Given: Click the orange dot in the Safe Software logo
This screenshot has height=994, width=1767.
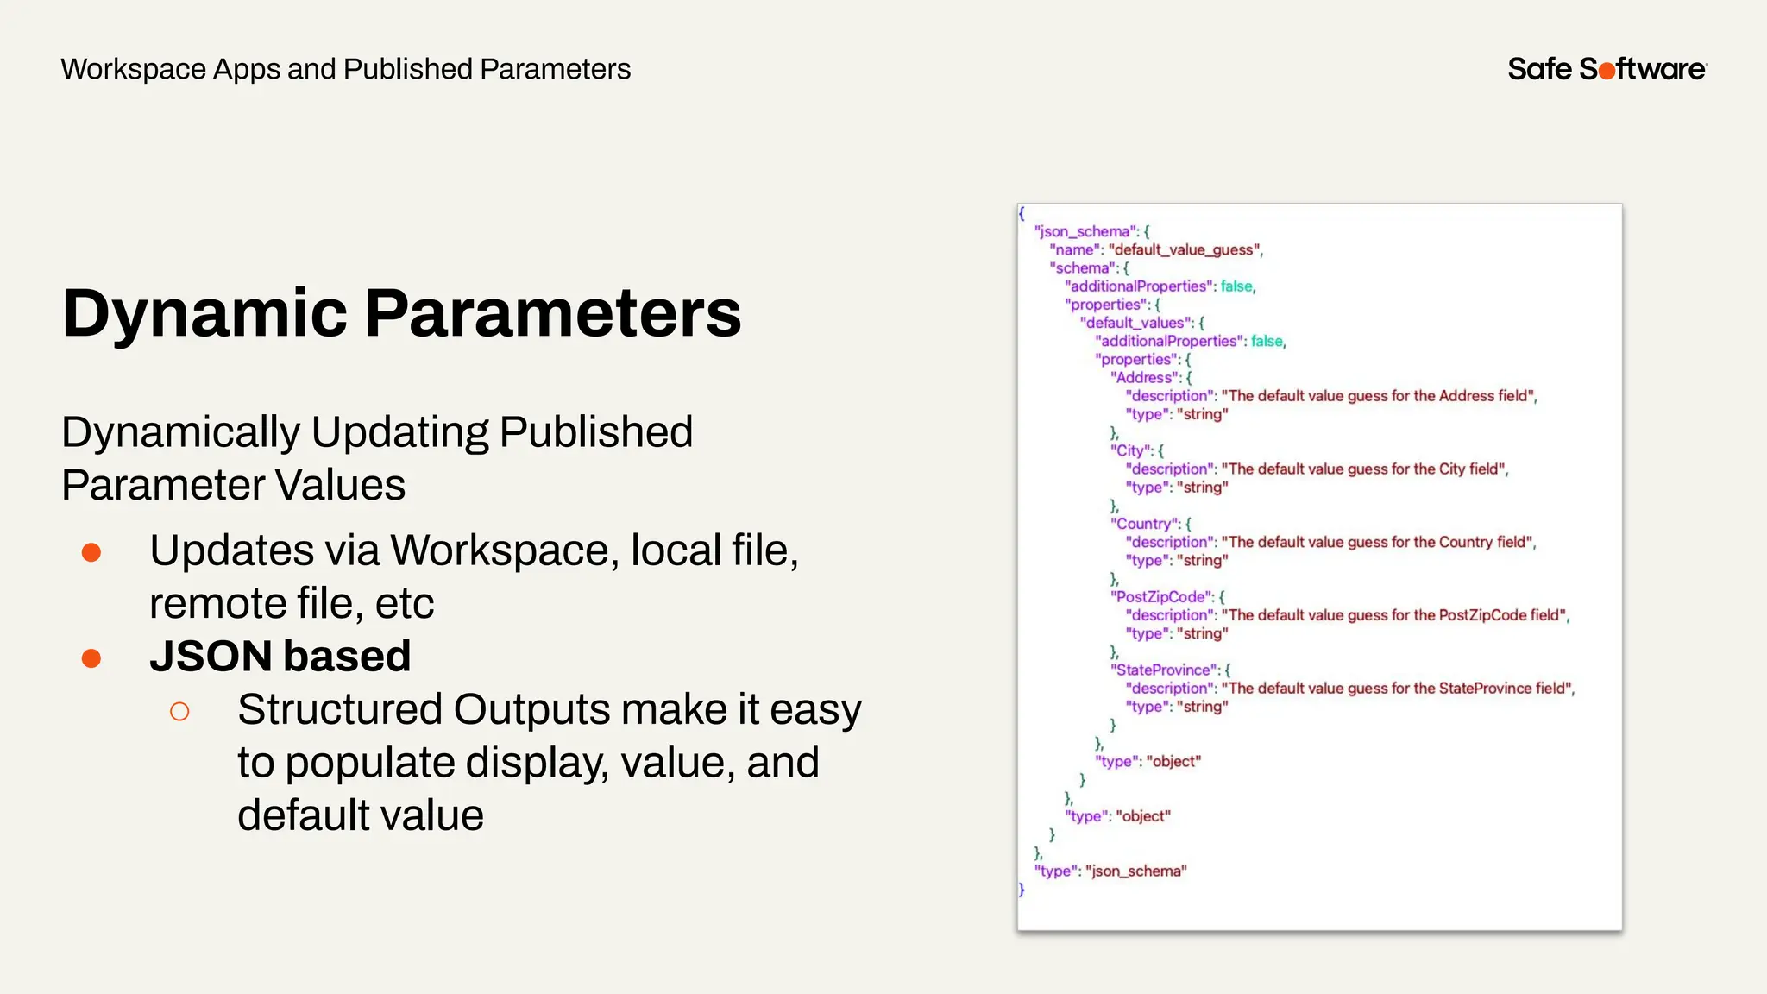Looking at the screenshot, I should click(x=1607, y=72).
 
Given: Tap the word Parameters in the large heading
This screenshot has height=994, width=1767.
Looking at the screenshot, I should click(x=552, y=313).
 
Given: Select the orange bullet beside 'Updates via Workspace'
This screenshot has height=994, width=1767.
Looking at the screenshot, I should click(x=91, y=552).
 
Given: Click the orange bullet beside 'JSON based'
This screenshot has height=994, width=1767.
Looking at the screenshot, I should click(x=91, y=658).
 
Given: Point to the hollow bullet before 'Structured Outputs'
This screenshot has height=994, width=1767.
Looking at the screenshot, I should click(x=179, y=712).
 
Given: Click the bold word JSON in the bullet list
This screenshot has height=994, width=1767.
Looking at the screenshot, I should click(x=211, y=657).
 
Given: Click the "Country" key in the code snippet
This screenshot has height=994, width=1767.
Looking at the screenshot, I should click(x=1145, y=524).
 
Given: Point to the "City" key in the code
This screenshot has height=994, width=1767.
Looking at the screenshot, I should click(x=1131, y=450).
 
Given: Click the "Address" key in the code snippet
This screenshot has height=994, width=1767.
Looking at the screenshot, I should click(x=1145, y=378).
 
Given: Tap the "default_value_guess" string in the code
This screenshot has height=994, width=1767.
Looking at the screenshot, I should click(x=1185, y=250).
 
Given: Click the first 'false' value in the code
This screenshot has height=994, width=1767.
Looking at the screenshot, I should click(x=1236, y=286).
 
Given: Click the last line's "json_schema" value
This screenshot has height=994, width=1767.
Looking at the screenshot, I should click(x=1135, y=871).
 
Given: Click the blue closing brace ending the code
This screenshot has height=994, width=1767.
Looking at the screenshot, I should click(x=1022, y=890).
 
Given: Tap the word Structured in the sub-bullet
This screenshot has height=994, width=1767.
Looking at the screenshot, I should click(x=340, y=710).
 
